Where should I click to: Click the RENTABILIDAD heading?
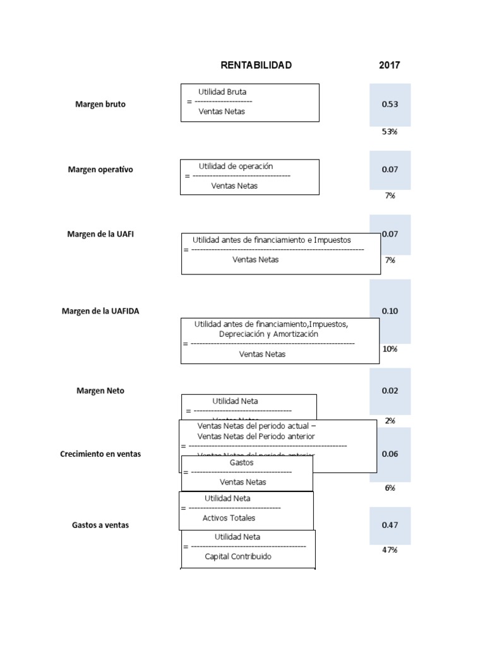[x=256, y=65]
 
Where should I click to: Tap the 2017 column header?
[x=389, y=65]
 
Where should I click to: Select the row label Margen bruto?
[x=100, y=105]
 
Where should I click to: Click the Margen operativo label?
[x=100, y=170]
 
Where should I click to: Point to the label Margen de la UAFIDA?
[x=100, y=311]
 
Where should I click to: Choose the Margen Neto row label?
[x=100, y=391]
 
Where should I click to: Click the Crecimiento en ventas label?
[x=100, y=454]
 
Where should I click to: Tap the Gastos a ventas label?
[x=100, y=525]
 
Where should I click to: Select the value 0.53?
[x=390, y=105]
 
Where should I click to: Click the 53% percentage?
[x=389, y=132]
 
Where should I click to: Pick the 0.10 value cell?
[x=390, y=311]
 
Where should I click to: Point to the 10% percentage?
[x=389, y=349]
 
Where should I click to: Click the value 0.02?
[x=390, y=391]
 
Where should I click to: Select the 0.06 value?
[x=390, y=454]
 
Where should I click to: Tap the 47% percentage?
[x=389, y=550]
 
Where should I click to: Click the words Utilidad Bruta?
[x=222, y=92]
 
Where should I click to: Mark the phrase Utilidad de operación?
[x=236, y=167]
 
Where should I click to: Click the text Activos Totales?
[x=229, y=518]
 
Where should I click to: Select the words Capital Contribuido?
[x=238, y=556]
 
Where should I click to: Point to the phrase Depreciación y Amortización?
[x=268, y=334]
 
